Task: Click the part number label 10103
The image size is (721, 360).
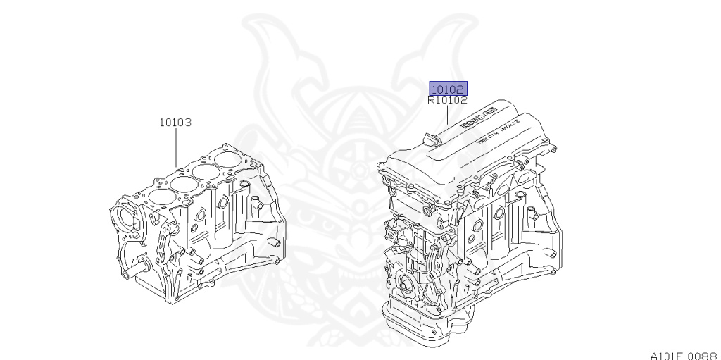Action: [x=175, y=122]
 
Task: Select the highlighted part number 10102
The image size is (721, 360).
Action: [x=448, y=89]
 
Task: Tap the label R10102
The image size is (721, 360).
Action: [x=447, y=100]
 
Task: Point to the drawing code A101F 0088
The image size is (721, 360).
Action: [x=684, y=353]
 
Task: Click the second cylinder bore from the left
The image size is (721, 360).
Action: [x=183, y=185]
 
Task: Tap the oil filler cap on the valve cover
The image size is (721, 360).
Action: [x=431, y=139]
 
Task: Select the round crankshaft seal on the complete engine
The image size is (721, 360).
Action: [x=408, y=287]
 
